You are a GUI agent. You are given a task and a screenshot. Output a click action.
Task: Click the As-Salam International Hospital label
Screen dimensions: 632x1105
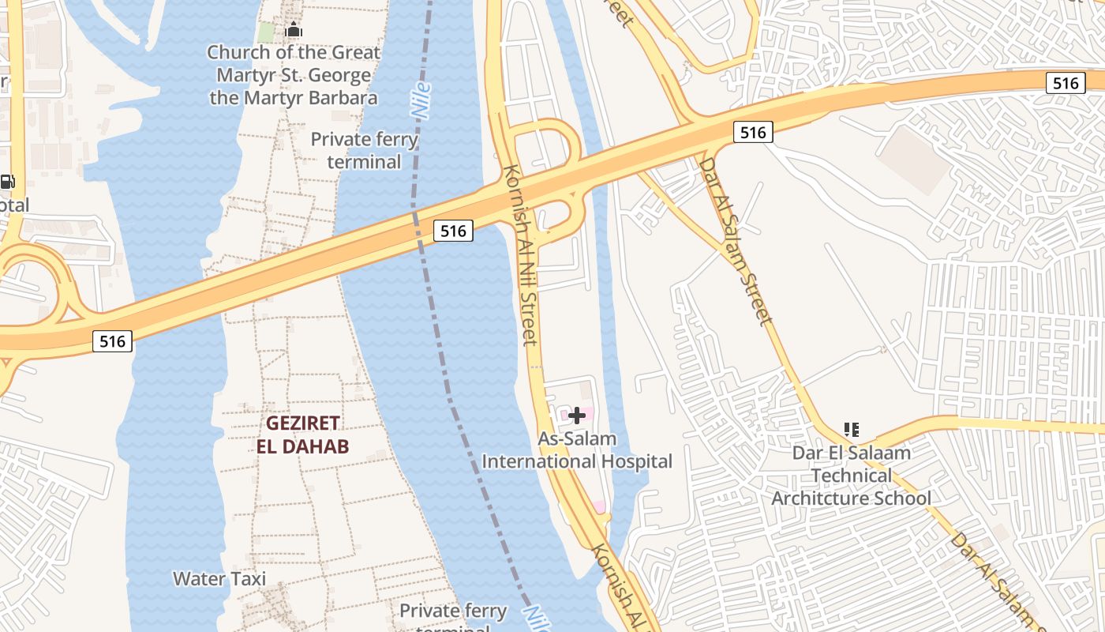click(577, 450)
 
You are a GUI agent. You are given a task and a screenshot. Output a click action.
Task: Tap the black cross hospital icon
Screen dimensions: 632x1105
click(577, 416)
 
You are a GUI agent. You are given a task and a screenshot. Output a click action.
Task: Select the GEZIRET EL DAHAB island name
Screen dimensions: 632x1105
click(302, 434)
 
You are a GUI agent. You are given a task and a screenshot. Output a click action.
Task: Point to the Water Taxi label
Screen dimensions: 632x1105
click(219, 578)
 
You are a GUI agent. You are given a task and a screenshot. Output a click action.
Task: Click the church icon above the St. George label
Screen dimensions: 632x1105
click(294, 31)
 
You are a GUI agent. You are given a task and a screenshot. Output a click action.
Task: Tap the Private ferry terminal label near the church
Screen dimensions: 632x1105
click(364, 150)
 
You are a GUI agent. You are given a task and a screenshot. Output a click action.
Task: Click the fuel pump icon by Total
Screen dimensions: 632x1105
click(7, 182)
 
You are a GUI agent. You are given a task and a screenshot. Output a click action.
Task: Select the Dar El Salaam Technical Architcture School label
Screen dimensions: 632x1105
click(851, 476)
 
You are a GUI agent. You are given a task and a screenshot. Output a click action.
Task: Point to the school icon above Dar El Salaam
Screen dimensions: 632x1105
click(851, 430)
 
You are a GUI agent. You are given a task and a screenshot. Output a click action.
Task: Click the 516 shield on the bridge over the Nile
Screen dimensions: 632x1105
click(453, 231)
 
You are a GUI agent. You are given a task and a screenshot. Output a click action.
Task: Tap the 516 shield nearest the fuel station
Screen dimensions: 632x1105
click(112, 341)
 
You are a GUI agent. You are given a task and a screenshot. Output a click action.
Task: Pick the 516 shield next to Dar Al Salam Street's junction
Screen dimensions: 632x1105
click(753, 133)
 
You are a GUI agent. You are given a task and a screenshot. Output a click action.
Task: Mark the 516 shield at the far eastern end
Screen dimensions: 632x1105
click(1066, 83)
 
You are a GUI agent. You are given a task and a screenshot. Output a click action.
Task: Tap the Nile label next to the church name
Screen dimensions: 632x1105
click(421, 100)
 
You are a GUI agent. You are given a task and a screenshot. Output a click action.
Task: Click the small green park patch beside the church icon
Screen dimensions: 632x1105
click(267, 32)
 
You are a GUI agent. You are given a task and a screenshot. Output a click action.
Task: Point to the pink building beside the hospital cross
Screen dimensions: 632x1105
click(566, 414)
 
